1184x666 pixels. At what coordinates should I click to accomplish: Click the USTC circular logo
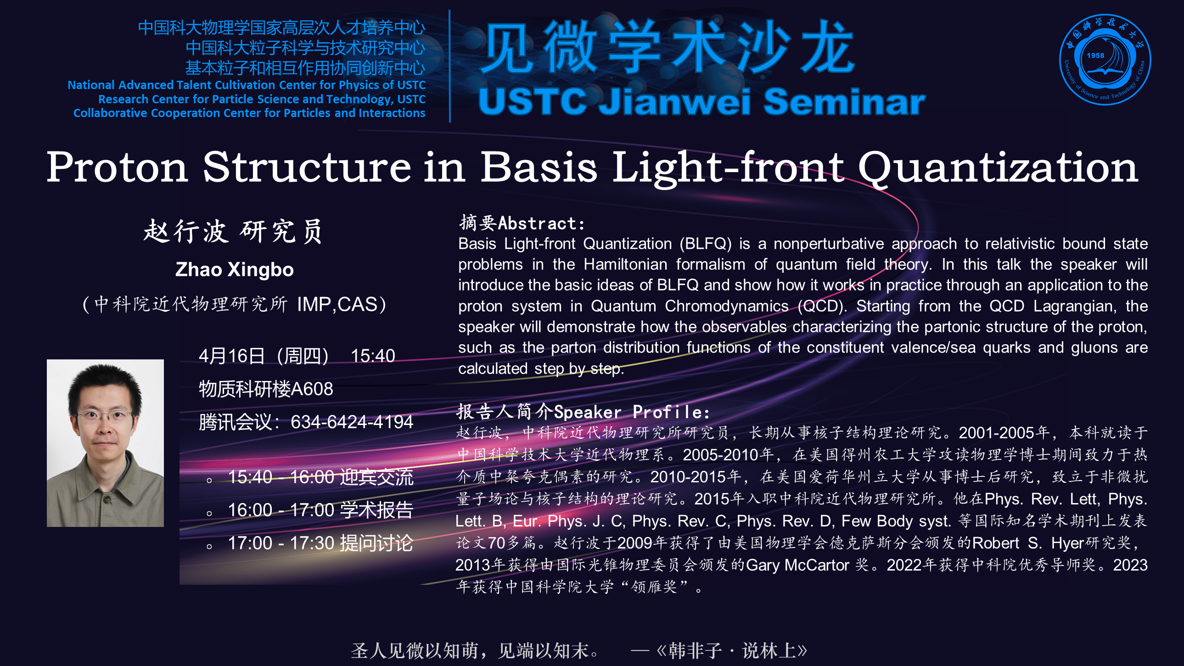[1105, 59]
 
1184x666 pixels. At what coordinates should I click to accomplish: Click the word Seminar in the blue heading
[844, 101]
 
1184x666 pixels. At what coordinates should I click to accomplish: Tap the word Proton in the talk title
[118, 168]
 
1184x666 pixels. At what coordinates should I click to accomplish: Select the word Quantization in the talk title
[998, 168]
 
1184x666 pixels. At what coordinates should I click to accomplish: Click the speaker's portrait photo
[105, 442]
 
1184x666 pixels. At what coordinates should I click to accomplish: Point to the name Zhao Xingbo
[235, 270]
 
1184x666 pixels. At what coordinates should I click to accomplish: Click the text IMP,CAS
[337, 304]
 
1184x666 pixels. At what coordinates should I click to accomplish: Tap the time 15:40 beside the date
[373, 356]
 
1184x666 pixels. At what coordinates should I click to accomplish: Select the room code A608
[312, 389]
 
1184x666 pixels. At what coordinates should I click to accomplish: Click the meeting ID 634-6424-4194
[352, 422]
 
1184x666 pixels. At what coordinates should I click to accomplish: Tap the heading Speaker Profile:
[632, 412]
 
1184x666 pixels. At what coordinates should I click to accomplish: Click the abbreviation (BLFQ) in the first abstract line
[706, 244]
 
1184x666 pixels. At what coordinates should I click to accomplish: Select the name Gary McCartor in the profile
[797, 565]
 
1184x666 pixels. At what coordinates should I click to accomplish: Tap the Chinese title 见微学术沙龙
[667, 47]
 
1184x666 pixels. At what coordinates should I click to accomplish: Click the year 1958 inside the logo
[1095, 56]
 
